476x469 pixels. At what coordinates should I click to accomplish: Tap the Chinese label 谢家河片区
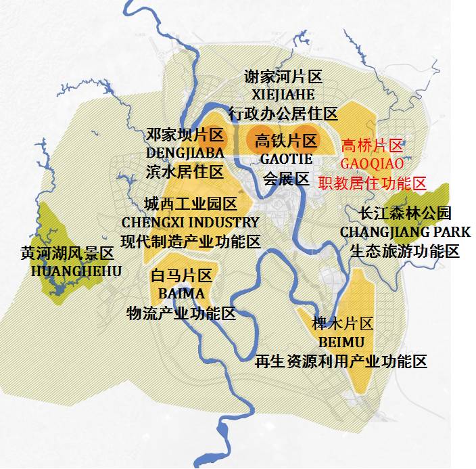[x=283, y=78]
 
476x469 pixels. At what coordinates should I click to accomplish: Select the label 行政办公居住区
[x=283, y=113]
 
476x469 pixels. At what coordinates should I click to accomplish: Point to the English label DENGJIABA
[x=185, y=152]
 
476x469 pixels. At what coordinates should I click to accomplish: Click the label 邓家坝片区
[x=185, y=134]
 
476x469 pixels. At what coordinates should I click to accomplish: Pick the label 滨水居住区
[x=185, y=171]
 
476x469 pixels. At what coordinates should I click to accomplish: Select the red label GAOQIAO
[x=372, y=164]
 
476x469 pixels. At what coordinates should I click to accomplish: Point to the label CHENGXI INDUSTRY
[x=190, y=222]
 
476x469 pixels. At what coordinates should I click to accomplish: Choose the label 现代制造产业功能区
[x=190, y=241]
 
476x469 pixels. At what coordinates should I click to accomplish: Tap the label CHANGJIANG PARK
[x=405, y=232]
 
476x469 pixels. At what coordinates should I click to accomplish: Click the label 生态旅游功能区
[x=405, y=251]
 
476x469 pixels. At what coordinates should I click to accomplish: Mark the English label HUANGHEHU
[x=76, y=271]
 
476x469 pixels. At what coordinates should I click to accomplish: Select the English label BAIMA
[x=181, y=294]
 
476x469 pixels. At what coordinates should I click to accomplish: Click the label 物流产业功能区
[x=181, y=313]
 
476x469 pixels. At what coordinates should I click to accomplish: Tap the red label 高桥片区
[x=372, y=146]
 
